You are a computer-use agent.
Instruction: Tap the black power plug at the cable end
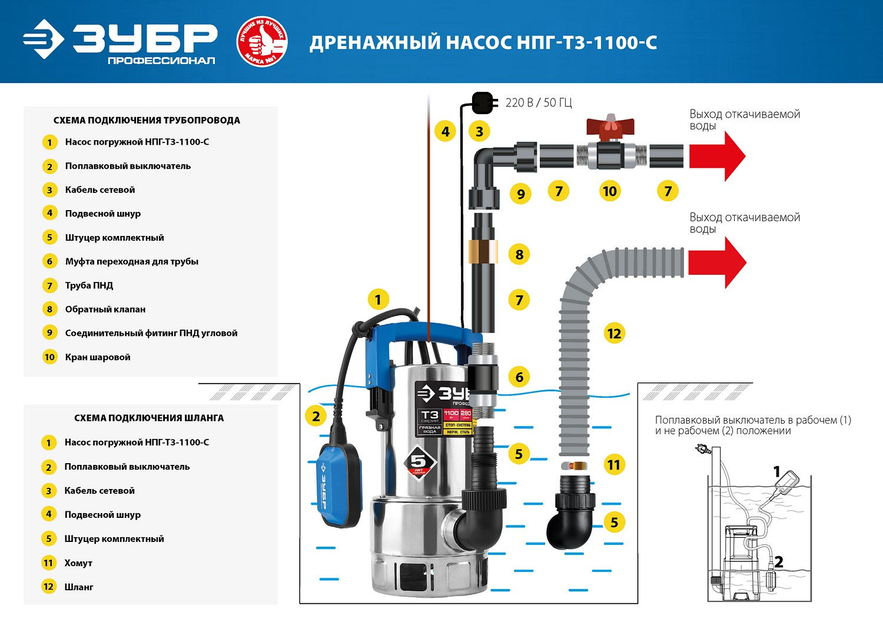click(482, 102)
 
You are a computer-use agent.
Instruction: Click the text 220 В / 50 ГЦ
click(538, 103)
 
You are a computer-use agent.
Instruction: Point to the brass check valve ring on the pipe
click(483, 251)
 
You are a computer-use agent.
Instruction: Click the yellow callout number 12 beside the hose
click(613, 334)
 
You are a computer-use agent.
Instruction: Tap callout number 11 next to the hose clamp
click(613, 465)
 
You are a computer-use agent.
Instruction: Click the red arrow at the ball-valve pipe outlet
click(717, 156)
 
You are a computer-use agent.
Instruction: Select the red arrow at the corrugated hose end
click(717, 262)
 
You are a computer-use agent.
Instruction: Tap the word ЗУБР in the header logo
click(145, 38)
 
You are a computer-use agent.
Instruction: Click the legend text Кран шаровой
click(98, 357)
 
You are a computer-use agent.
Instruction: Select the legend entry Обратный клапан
click(105, 310)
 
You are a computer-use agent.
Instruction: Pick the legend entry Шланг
click(79, 587)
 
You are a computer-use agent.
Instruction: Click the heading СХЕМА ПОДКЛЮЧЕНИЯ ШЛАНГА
click(149, 418)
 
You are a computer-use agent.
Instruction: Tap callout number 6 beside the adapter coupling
click(519, 377)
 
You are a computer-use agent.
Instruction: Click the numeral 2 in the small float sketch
click(778, 562)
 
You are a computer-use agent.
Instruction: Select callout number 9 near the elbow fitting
click(520, 194)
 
